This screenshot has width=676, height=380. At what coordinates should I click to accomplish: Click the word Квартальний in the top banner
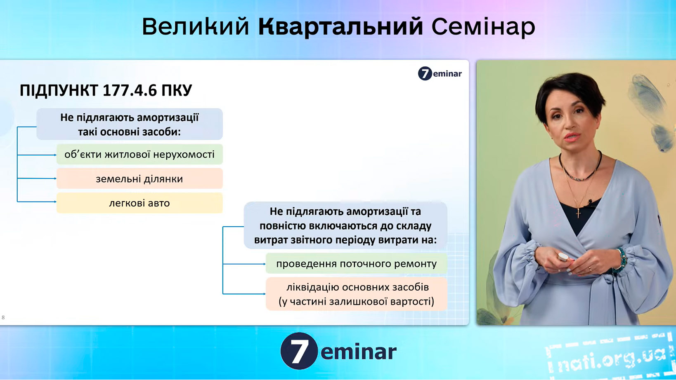point(340,27)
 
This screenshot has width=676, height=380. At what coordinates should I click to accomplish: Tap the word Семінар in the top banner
point(483,27)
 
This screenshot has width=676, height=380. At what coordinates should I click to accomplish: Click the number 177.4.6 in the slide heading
point(130,90)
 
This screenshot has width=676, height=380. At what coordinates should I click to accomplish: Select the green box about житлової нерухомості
point(139,154)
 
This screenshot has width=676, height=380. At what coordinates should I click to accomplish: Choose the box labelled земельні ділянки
point(139,179)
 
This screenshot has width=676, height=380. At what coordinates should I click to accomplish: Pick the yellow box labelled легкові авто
point(139,203)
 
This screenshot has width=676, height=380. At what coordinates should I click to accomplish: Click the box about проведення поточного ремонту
point(357,264)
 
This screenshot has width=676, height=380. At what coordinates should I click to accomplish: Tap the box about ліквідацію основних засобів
point(357,294)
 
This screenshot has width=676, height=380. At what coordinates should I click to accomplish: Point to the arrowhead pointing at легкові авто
point(55,202)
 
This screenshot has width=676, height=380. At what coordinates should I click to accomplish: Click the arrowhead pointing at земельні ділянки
point(55,178)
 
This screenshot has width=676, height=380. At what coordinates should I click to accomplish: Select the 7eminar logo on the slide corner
point(440,73)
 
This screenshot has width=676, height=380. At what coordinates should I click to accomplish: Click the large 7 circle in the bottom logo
point(299,351)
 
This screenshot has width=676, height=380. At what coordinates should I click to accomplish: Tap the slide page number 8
point(3,317)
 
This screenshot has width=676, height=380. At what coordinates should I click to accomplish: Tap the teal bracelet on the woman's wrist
point(622,260)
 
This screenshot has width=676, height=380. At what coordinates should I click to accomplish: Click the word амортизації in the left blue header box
point(168,117)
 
